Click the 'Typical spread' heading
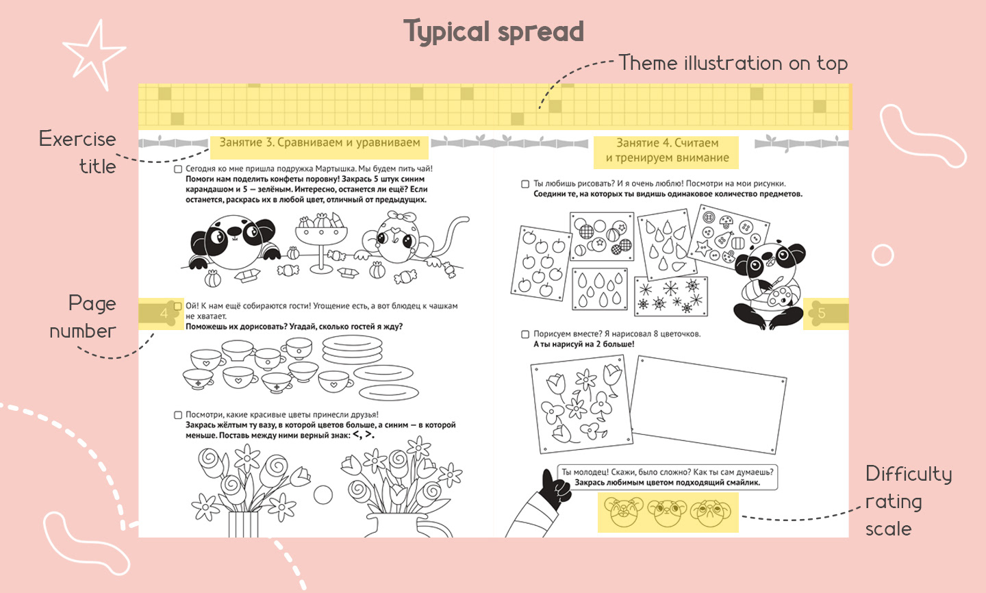pos(494,31)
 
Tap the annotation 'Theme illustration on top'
pos(733,63)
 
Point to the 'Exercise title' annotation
pos(77,152)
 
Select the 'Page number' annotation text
pos(83,317)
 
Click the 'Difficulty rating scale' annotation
pos(909,501)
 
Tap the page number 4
pos(164,313)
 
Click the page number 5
pos(822,313)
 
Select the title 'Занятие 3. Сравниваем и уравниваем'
pos(320,142)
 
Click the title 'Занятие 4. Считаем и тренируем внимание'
pos(666,150)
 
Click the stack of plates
pos(352,349)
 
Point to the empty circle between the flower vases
pos(323,494)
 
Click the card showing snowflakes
pos(671,296)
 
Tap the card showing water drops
pos(600,289)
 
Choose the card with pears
pos(667,244)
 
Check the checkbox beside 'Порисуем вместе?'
pos(525,335)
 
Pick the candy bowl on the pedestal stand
pos(321,243)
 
